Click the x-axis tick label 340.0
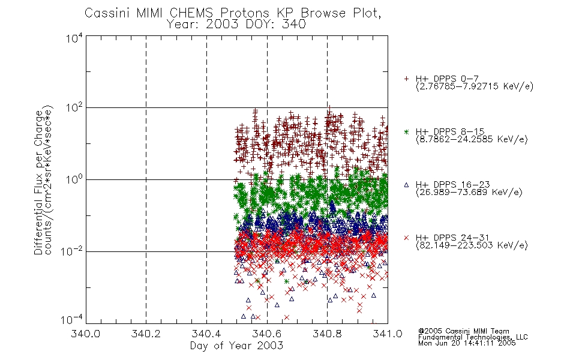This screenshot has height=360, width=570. tap(85, 334)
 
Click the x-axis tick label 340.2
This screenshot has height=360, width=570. tap(146, 334)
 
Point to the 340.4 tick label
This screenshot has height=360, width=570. tap(206, 334)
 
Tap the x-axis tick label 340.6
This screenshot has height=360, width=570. tap(267, 334)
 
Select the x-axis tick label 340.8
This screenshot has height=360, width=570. tap(327, 334)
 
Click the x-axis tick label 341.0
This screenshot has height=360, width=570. tap(388, 334)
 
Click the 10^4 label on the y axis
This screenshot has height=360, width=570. tap(74, 38)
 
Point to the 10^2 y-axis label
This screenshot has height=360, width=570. tap(74, 109)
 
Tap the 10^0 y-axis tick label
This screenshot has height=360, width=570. tap(74, 180)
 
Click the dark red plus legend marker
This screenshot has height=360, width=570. tap(406, 78)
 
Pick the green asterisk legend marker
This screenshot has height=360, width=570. tap(406, 131)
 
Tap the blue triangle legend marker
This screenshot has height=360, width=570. tap(406, 185)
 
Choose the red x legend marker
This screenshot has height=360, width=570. tap(406, 238)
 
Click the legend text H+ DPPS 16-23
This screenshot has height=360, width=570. tap(452, 185)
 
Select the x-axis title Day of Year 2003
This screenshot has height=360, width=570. tap(236, 346)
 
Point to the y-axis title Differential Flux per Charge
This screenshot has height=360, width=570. tap(39, 182)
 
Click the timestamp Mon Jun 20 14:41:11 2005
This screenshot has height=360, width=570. tap(467, 343)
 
